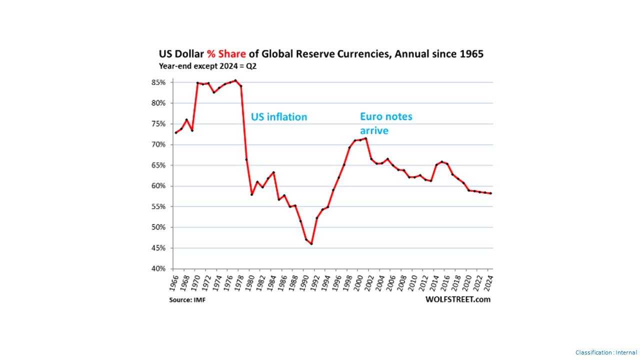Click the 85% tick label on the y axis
click(x=159, y=82)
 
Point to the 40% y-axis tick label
click(x=159, y=269)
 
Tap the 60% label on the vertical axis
click(x=159, y=186)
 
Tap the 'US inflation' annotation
click(x=279, y=117)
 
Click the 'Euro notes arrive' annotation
click(x=386, y=123)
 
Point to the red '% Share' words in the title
click(x=226, y=54)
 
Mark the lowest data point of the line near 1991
click(x=311, y=244)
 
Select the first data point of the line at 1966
click(x=175, y=133)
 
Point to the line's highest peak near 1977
click(x=235, y=80)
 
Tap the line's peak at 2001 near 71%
click(x=365, y=138)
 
